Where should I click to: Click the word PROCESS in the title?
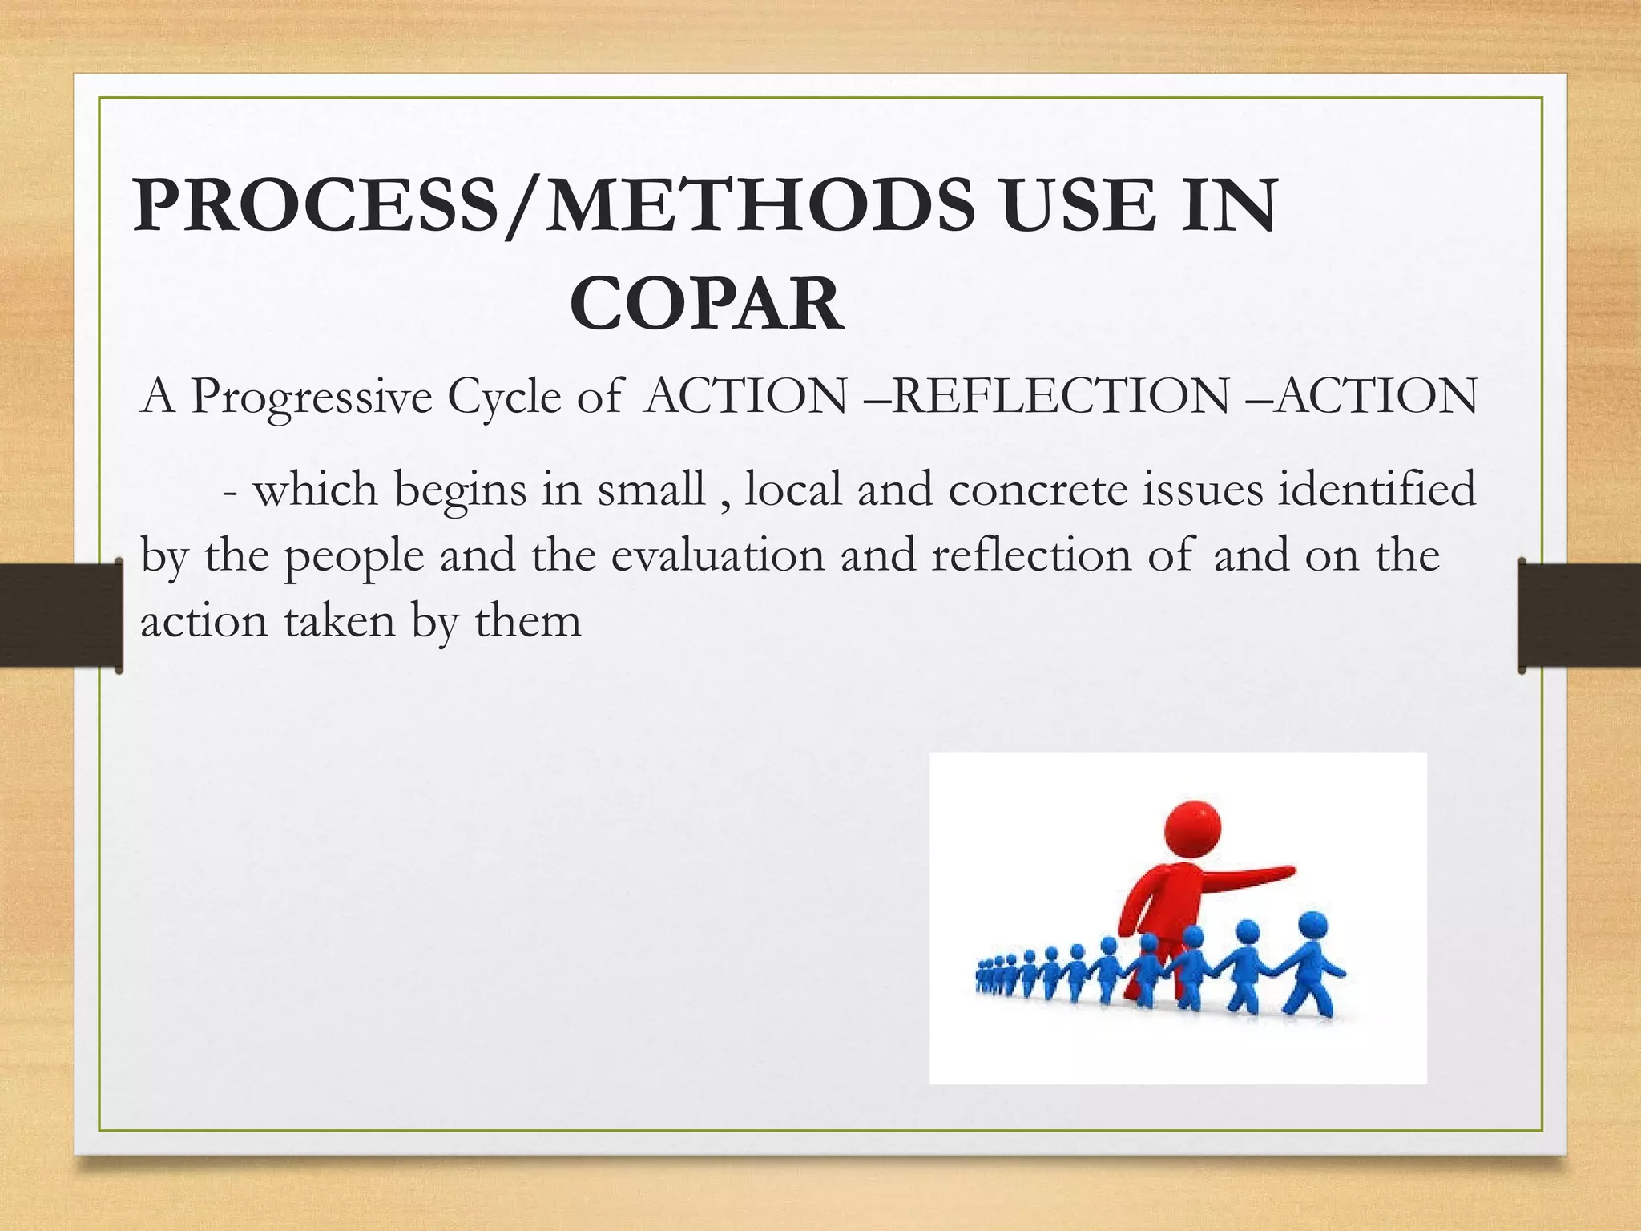pyautogui.click(x=317, y=206)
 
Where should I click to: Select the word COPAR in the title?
pyautogui.click(x=706, y=304)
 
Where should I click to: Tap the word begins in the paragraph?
pyautogui.click(x=460, y=490)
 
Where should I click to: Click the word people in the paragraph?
pyautogui.click(x=354, y=557)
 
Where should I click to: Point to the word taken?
pyautogui.click(x=341, y=621)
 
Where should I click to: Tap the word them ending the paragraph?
pyautogui.click(x=528, y=621)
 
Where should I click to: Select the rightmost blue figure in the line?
pyautogui.click(x=1311, y=971)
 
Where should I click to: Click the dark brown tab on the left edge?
pyautogui.click(x=60, y=615)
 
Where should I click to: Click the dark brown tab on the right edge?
pyautogui.click(x=1579, y=615)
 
